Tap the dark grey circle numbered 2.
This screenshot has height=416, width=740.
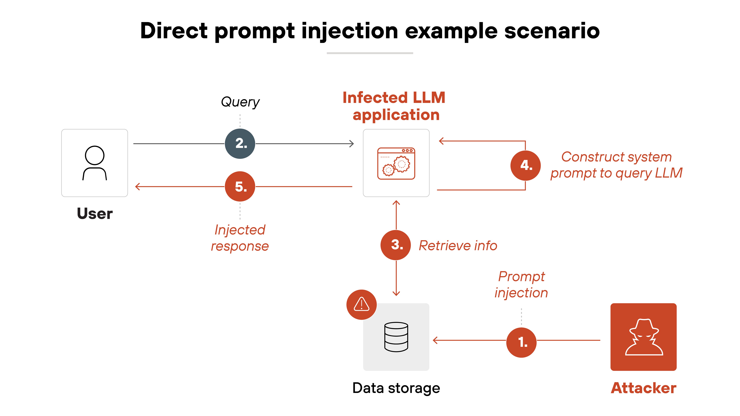[240, 144]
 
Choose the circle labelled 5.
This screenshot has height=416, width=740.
[240, 187]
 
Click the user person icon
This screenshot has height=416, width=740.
[95, 163]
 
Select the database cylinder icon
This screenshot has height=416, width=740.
[396, 337]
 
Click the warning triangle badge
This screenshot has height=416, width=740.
[361, 304]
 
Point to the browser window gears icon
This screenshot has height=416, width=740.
[396, 163]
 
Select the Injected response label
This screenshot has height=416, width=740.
[240, 238]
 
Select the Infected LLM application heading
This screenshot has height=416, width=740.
[394, 106]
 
